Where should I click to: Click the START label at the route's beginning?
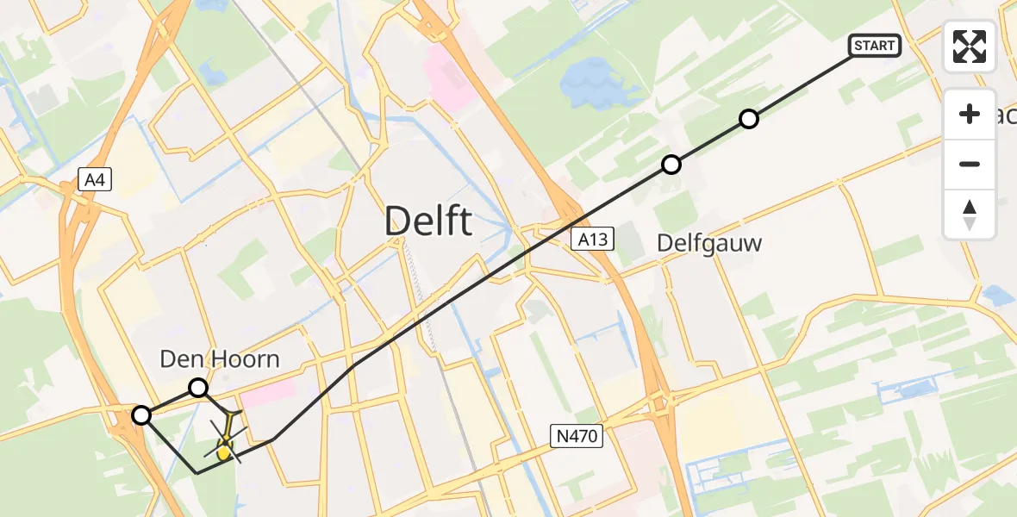pos(875,46)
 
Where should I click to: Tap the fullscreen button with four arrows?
pos(970,47)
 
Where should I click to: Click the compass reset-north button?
pos(970,215)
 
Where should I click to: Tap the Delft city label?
pos(428,221)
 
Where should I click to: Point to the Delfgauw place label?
pos(709,244)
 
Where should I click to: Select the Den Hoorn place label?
pos(220,359)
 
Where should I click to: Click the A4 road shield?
pos(95,179)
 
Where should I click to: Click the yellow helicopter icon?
pos(224,449)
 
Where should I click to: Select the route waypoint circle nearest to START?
pos(749,119)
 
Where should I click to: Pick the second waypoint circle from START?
pos(671,165)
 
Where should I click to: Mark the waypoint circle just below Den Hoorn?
pos(198,388)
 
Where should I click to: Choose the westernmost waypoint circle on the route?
pos(141,416)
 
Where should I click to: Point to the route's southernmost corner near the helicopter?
pos(197,473)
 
